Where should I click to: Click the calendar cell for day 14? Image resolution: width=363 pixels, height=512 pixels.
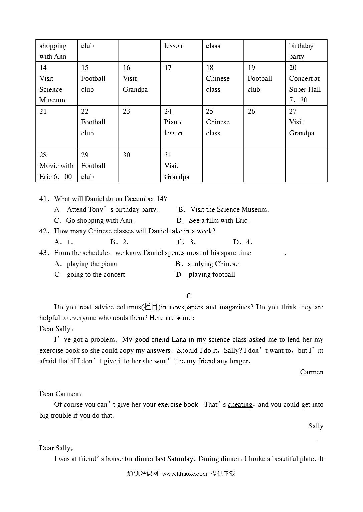(x=56, y=84)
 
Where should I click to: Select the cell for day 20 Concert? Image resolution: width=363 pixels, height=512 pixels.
(x=306, y=84)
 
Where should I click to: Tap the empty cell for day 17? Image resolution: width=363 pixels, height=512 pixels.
(x=181, y=84)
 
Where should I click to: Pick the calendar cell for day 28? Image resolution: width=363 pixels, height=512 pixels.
(x=56, y=166)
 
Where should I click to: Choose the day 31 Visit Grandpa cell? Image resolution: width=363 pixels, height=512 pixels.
(x=181, y=166)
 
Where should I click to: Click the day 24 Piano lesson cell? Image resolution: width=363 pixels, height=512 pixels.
(x=181, y=127)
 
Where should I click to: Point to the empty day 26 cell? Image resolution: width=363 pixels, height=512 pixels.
(x=264, y=127)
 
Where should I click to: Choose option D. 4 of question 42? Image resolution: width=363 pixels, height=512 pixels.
(x=243, y=242)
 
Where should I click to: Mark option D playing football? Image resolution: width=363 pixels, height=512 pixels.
(x=206, y=274)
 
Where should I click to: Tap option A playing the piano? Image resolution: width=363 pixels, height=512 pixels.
(x=86, y=264)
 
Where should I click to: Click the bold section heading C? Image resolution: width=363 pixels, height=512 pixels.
(x=189, y=296)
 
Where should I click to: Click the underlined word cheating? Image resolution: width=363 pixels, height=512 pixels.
(x=240, y=404)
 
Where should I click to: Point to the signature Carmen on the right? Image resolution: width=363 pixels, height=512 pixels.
(x=311, y=372)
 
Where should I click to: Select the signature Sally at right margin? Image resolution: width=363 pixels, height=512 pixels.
(x=316, y=426)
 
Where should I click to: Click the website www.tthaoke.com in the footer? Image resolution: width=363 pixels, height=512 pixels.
(x=184, y=474)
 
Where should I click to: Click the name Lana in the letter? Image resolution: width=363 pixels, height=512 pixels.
(x=179, y=339)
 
